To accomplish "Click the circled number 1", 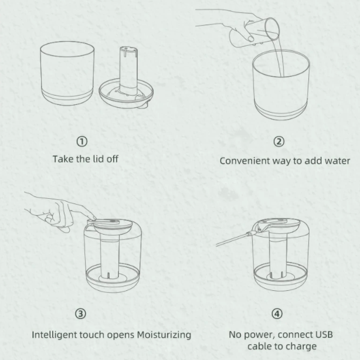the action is (x=82, y=141).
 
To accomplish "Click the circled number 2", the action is (x=279, y=141).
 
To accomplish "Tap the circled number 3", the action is (x=80, y=314).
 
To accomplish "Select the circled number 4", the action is (x=277, y=314).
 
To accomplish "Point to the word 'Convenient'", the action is (x=244, y=161).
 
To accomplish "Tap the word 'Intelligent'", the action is (x=55, y=335).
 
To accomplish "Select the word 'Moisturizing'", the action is (x=164, y=335).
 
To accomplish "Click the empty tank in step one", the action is (x=67, y=73).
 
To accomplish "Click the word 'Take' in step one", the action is (x=61, y=159).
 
